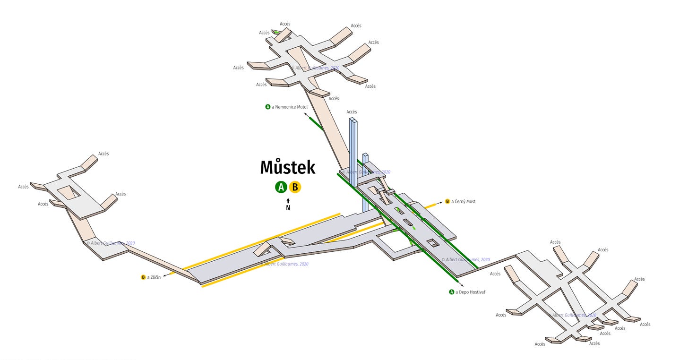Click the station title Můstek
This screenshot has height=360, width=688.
pyautogui.click(x=287, y=168)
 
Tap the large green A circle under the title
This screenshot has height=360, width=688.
pyautogui.click(x=281, y=187)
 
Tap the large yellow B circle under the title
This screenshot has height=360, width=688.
pyautogui.click(x=295, y=187)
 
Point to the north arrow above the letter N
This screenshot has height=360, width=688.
pyautogui.click(x=288, y=201)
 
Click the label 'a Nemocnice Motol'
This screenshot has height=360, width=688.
pyautogui.click(x=290, y=107)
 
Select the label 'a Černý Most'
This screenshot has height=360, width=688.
pyautogui.click(x=463, y=202)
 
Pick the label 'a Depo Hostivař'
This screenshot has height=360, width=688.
pyautogui.click(x=470, y=292)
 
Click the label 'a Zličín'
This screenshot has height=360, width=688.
pyautogui.click(x=154, y=277)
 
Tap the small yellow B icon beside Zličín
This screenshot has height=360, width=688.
pyautogui.click(x=143, y=277)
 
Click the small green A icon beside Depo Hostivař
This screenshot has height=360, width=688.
pyautogui.click(x=452, y=292)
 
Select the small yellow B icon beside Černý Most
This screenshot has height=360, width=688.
pyautogui.click(x=447, y=202)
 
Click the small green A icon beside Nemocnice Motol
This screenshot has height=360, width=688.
pyautogui.click(x=268, y=107)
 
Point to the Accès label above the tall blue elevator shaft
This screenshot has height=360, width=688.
pyautogui.click(x=352, y=112)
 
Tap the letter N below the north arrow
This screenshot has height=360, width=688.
pyautogui.click(x=288, y=208)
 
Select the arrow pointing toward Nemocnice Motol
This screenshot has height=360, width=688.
pyautogui.click(x=307, y=115)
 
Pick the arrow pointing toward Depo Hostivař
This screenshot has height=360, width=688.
pyautogui.click(x=460, y=285)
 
